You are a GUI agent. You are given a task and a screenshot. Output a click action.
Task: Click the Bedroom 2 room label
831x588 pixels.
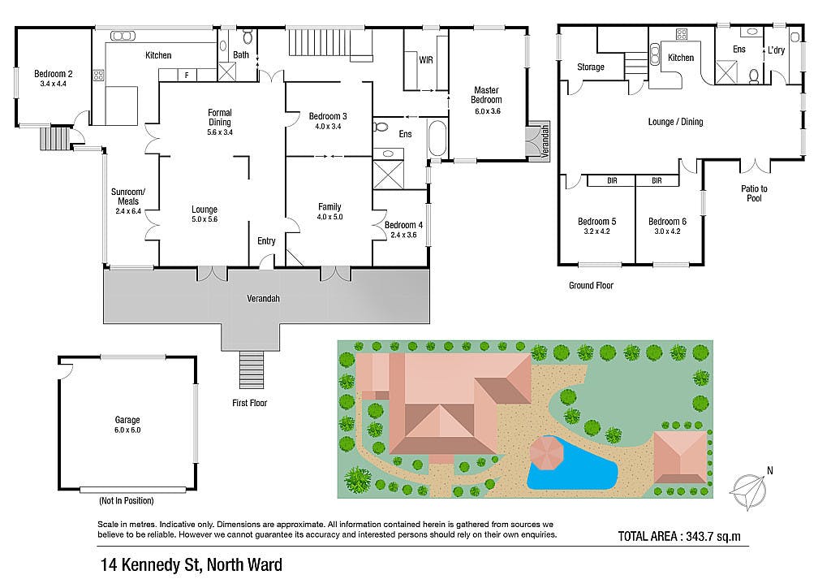53,74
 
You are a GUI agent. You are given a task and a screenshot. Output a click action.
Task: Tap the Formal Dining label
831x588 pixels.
219,117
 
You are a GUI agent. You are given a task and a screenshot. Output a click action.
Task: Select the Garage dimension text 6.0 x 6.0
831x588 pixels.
127,430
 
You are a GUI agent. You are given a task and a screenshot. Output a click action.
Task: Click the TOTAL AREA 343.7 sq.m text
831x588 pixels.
679,536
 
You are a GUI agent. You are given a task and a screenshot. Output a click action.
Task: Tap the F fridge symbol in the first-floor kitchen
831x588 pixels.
187,76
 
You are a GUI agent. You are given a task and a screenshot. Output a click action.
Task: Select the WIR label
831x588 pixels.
426,60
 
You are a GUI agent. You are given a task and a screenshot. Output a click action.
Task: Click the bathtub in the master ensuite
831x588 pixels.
437,138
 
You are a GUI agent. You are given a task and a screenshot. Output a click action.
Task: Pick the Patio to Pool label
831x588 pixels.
754,193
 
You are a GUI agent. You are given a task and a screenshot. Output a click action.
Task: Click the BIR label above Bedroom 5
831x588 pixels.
612,181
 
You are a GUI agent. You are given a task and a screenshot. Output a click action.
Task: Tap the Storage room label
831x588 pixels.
591,67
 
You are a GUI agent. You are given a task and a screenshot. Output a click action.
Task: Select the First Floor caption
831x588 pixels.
250,403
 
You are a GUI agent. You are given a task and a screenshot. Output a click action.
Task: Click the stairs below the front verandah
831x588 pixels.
252,370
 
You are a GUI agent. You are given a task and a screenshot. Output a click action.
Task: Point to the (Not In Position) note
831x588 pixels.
127,500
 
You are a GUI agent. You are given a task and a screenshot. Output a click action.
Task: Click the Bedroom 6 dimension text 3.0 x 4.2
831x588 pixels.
667,231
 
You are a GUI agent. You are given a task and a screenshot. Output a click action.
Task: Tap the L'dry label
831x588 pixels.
776,50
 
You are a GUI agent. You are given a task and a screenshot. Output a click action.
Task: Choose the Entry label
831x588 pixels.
266,241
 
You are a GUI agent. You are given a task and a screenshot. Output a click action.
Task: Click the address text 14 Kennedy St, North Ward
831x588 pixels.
192,565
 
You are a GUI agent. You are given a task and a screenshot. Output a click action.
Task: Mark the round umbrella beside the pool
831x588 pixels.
548,453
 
